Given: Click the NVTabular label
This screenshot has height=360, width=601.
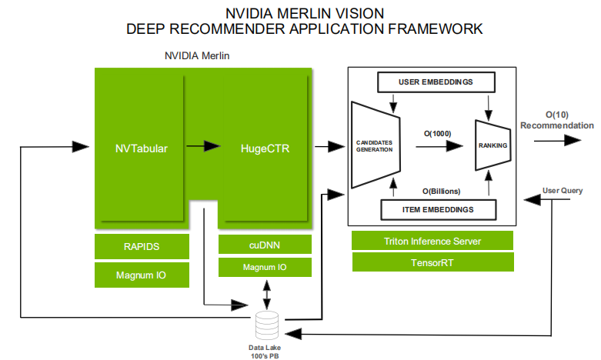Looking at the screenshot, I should (x=142, y=145).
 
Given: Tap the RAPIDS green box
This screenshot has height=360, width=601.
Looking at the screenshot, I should (x=142, y=247).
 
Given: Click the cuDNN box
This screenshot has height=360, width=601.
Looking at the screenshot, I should (x=265, y=244).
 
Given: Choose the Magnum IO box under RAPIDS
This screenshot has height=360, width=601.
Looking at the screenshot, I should (x=142, y=275).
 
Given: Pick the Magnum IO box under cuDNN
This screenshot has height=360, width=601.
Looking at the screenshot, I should (x=265, y=267).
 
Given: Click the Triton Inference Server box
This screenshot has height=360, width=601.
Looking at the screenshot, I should (x=432, y=241).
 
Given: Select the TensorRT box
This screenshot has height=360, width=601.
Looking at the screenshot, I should (x=432, y=262).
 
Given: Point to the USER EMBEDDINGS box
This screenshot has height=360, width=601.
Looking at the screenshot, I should (x=436, y=82).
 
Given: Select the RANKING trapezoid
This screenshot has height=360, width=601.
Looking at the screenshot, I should (x=492, y=145).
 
